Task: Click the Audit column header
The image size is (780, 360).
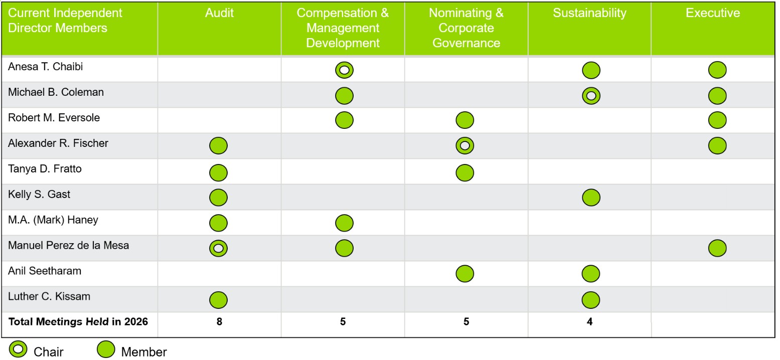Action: tap(219, 13)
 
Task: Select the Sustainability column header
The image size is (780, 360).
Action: tap(589, 13)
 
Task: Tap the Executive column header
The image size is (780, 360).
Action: tap(713, 13)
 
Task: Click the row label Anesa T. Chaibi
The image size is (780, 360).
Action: tap(45, 67)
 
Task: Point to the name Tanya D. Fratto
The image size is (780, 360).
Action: tap(45, 169)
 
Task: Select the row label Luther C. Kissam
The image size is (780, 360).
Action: tap(49, 296)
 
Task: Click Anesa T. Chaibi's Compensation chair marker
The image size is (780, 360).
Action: tap(345, 70)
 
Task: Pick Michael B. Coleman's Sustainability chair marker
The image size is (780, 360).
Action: tap(591, 96)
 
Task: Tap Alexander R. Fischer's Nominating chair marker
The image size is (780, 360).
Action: tap(465, 145)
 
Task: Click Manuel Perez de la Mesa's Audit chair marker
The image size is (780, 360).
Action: tap(218, 248)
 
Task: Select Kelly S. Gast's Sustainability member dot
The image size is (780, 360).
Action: tap(591, 198)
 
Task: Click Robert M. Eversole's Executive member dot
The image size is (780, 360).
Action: tap(717, 120)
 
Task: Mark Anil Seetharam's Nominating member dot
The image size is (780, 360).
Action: tap(465, 274)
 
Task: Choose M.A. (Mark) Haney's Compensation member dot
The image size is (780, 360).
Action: tap(345, 223)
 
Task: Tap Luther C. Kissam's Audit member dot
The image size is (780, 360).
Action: tap(218, 300)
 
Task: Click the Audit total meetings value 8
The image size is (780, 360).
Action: tap(219, 322)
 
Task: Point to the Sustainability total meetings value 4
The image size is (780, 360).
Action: tap(589, 322)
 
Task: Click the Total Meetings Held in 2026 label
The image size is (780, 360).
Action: tap(78, 322)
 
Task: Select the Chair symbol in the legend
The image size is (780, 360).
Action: tap(18, 349)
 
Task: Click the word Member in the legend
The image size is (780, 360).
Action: tap(144, 352)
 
